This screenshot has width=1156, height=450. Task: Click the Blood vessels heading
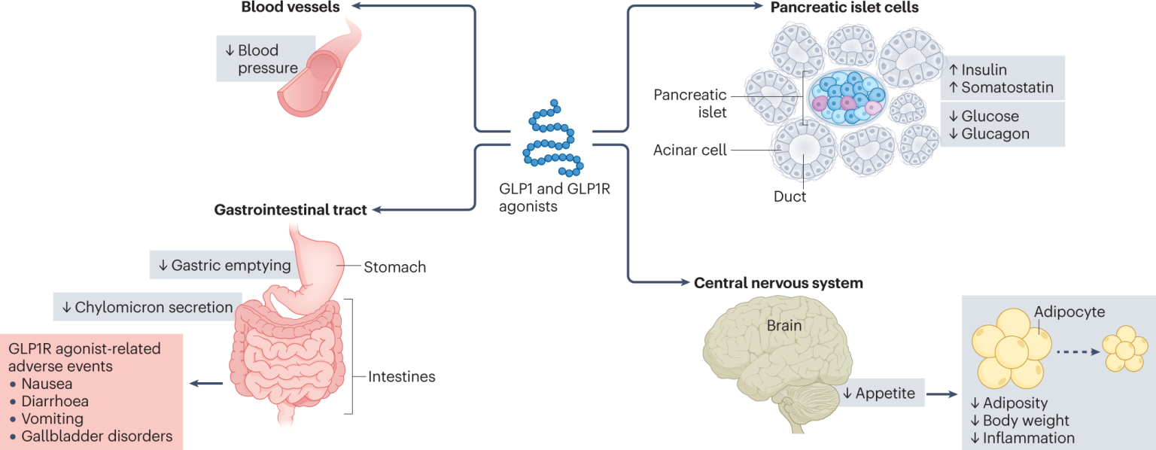[x=290, y=8]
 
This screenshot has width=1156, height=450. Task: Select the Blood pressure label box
[x=260, y=59]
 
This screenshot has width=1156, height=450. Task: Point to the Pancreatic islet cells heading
[x=844, y=8]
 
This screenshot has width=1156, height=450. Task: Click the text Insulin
[x=984, y=69]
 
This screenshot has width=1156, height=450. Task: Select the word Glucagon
[x=995, y=134]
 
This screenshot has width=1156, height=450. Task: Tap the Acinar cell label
[x=690, y=150]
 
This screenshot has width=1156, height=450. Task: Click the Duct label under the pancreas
[x=789, y=196]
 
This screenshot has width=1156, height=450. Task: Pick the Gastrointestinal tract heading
[x=291, y=210]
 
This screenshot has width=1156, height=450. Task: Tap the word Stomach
[x=394, y=267]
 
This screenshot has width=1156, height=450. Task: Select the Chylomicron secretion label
[x=148, y=307]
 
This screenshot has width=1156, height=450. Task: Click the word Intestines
[x=401, y=376]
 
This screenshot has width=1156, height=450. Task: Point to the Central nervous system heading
[x=778, y=284]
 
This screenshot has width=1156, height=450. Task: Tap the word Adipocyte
[x=1069, y=312]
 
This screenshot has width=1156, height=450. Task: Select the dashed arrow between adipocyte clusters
[x=1077, y=350]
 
